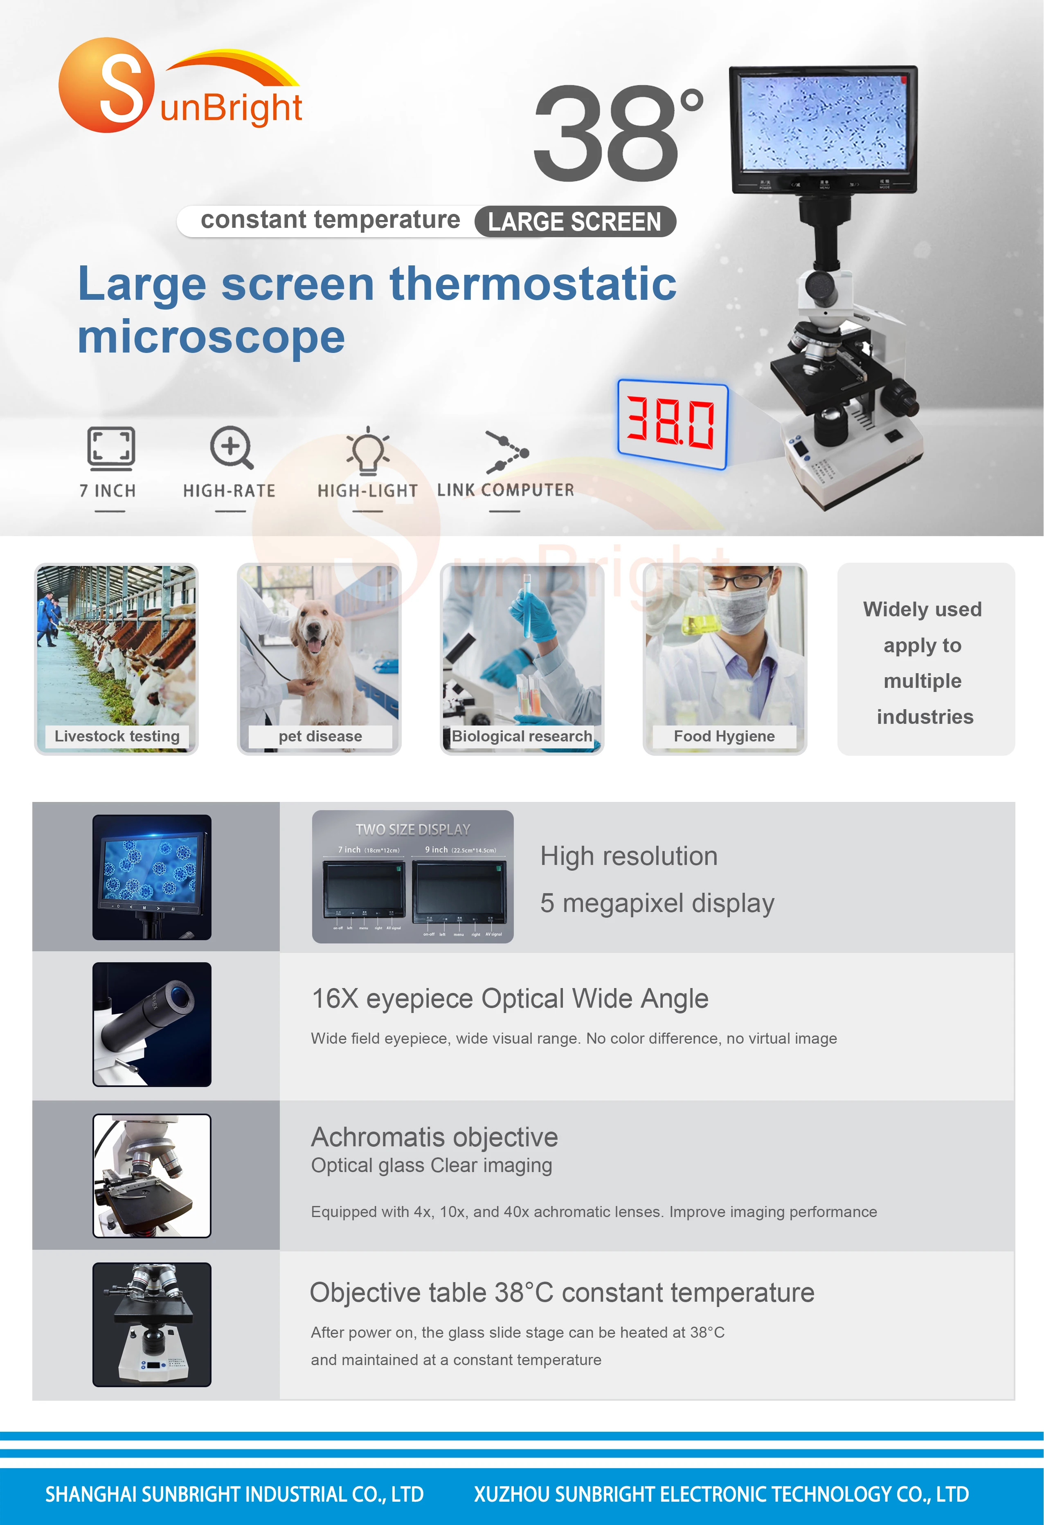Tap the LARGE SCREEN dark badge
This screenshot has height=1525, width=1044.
(574, 222)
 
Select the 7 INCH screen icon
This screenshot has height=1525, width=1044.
(111, 448)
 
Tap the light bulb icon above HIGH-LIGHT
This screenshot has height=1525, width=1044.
(368, 450)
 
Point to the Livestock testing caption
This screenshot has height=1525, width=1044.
(117, 736)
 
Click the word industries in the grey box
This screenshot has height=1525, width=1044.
(925, 716)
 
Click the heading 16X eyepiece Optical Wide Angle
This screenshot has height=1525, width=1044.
(510, 999)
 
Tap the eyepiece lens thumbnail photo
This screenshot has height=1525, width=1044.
(152, 1024)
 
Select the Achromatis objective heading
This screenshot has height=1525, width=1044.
(434, 1137)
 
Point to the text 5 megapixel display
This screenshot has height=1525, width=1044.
(657, 903)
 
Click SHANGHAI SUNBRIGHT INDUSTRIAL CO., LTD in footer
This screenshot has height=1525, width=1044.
(234, 1495)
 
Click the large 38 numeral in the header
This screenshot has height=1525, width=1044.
(605, 135)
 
